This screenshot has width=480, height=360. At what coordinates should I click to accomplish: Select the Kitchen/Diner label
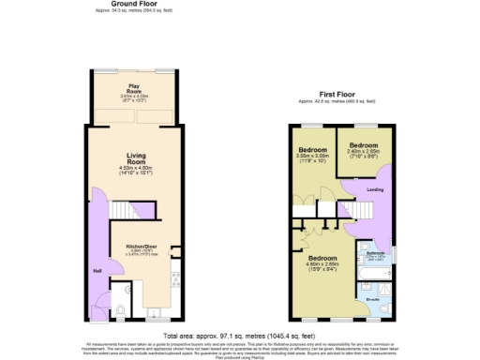pos(142,247)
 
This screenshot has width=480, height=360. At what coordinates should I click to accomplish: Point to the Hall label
pos(97,271)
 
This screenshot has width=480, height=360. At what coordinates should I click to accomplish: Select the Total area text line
pos(240,336)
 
